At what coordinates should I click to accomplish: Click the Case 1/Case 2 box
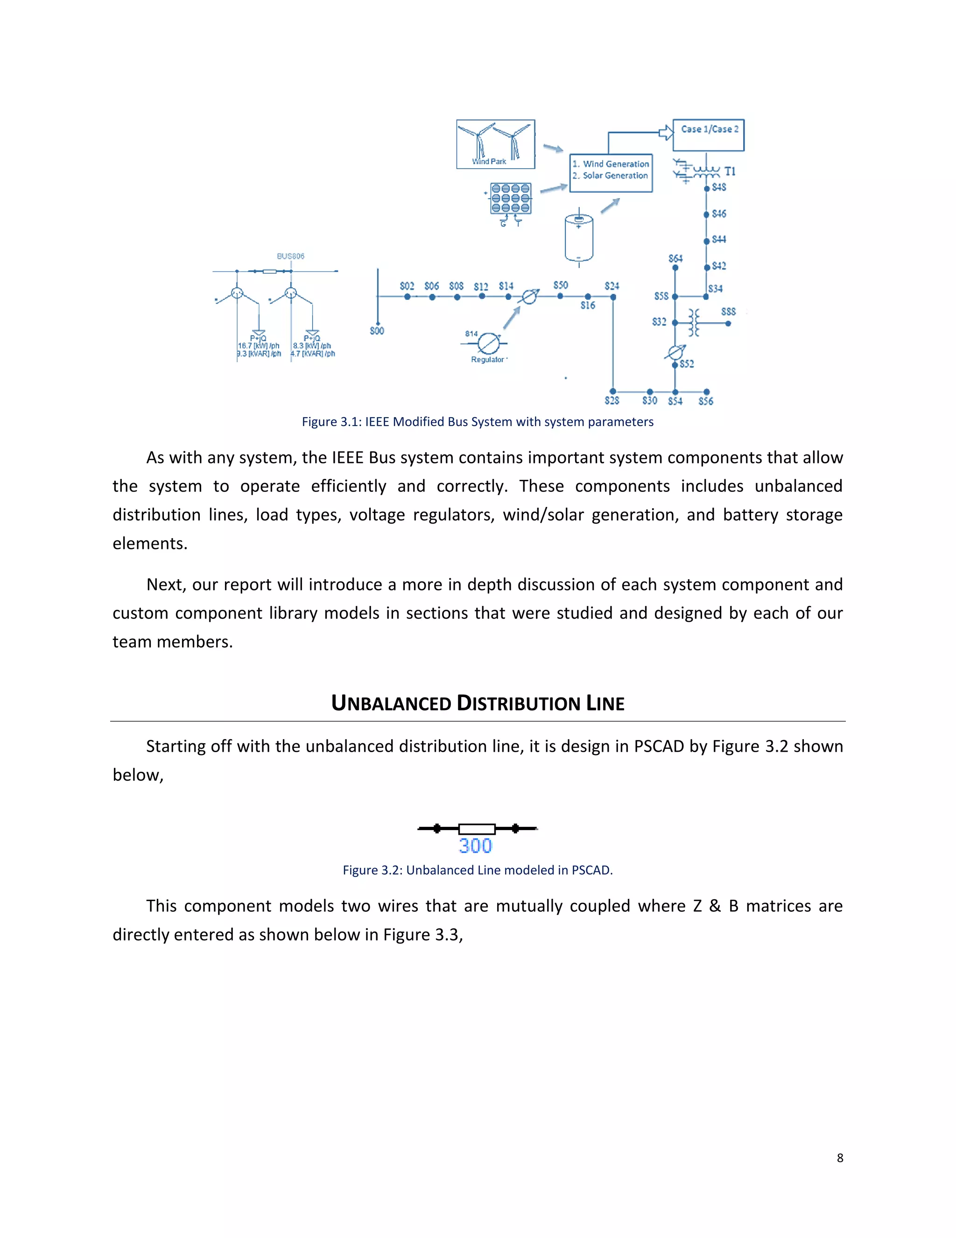[x=708, y=135]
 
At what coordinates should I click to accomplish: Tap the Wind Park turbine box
[x=496, y=144]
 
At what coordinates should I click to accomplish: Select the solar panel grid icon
[x=511, y=199]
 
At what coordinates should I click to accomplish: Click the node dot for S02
[x=407, y=297]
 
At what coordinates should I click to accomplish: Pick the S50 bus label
[x=560, y=285]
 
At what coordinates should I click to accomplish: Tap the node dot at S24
[x=613, y=297]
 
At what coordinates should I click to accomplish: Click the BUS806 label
[x=290, y=256]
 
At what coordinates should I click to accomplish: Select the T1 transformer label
[x=730, y=171]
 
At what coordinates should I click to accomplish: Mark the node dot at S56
[x=706, y=391]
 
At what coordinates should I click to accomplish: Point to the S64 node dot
[x=675, y=268]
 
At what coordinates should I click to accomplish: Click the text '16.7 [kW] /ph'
[x=259, y=346]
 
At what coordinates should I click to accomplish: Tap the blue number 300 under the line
[x=475, y=846]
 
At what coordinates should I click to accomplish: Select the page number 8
[x=840, y=1158]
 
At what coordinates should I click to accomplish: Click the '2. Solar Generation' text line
[x=610, y=176]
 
